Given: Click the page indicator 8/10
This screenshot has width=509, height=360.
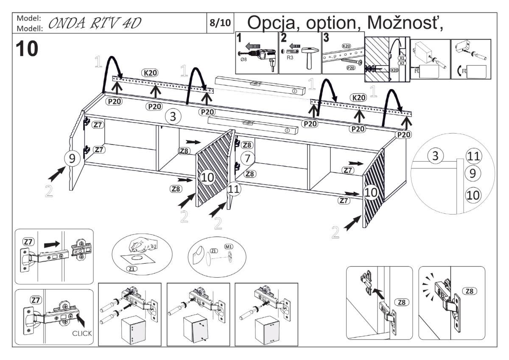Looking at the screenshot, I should pyautogui.click(x=220, y=23).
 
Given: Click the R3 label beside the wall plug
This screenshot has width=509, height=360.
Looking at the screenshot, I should pyautogui.click(x=290, y=67).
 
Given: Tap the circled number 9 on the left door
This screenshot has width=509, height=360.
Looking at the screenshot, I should pyautogui.click(x=72, y=159).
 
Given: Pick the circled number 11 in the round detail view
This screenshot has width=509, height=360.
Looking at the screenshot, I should pyautogui.click(x=473, y=156).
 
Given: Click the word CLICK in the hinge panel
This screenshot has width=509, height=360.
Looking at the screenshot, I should pyautogui.click(x=81, y=333).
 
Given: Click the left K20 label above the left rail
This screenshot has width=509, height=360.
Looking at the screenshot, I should pyautogui.click(x=151, y=73).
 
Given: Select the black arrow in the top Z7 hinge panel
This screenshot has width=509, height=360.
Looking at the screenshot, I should pyautogui.click(x=52, y=244).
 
